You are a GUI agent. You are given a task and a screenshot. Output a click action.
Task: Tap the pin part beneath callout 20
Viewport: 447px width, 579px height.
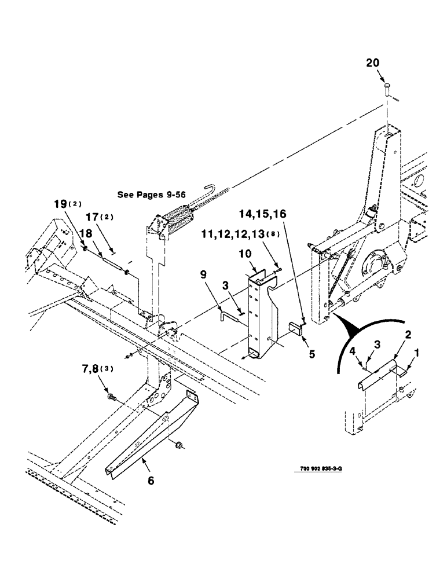point(387,91)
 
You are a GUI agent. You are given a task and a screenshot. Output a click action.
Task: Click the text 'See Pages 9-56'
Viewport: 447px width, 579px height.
point(151,195)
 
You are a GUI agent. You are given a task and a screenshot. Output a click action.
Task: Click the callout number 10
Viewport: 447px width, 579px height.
point(246,254)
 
